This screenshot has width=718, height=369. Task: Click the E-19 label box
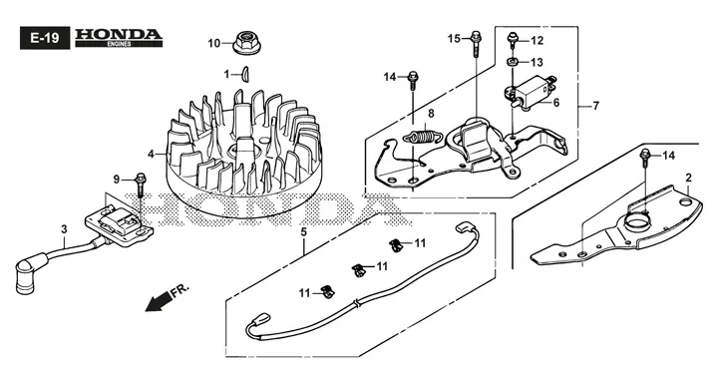point(45,38)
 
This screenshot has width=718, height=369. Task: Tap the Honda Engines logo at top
point(119,38)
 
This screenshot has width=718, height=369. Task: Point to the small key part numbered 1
point(245,73)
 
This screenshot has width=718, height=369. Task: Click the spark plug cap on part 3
point(25,277)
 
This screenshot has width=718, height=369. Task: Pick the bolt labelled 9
point(141,184)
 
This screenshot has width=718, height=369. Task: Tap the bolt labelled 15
point(476,44)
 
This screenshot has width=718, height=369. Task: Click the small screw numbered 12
point(513,40)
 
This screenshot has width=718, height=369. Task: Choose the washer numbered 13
point(513,62)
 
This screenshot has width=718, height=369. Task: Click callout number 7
point(595,107)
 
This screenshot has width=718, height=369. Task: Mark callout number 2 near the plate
point(689,178)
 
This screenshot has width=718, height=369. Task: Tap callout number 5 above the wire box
point(303,232)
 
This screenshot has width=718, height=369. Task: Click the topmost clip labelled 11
point(395,245)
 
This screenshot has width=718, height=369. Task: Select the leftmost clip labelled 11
point(327,292)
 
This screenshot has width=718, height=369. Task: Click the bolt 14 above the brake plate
point(645,157)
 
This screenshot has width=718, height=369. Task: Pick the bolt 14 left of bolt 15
point(413,79)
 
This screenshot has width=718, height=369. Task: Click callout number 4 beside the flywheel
point(152,155)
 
